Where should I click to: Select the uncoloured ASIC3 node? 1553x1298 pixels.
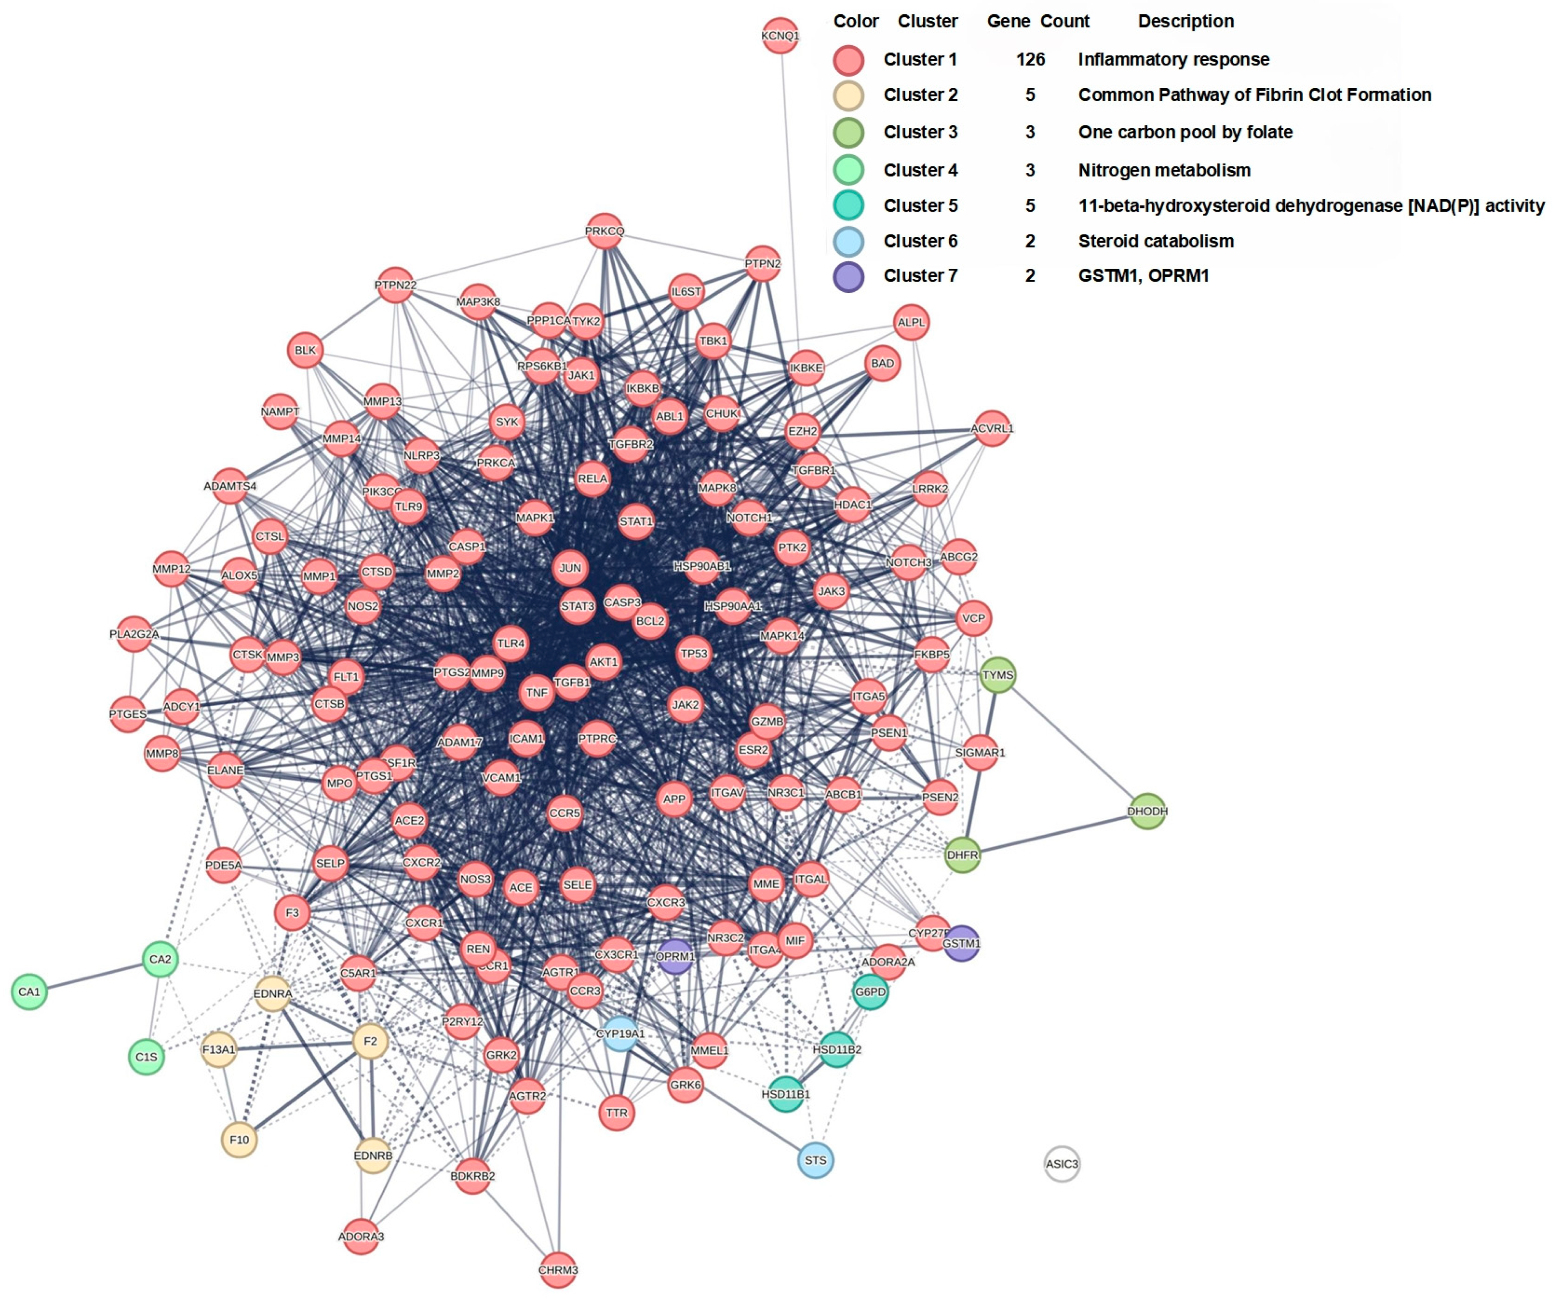click(1061, 1163)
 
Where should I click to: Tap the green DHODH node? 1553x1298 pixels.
click(1147, 811)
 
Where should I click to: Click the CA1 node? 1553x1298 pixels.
click(29, 992)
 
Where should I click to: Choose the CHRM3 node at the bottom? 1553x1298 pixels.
click(558, 1270)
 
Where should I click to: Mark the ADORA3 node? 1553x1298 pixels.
click(361, 1236)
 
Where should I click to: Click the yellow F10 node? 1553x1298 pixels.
click(239, 1140)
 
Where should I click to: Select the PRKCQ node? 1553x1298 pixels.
click(604, 231)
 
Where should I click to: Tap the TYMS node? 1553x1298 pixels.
click(997, 674)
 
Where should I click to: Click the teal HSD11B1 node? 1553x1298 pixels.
click(785, 1094)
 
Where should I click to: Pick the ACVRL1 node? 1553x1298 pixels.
click(992, 428)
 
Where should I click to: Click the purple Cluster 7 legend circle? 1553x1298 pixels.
click(848, 277)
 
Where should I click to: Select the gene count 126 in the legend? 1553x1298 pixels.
click(1030, 59)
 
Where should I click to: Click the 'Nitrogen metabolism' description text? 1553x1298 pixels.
click(1164, 170)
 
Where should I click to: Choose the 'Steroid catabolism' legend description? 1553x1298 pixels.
click(1155, 241)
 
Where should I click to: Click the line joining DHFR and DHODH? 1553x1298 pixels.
click(1055, 834)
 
